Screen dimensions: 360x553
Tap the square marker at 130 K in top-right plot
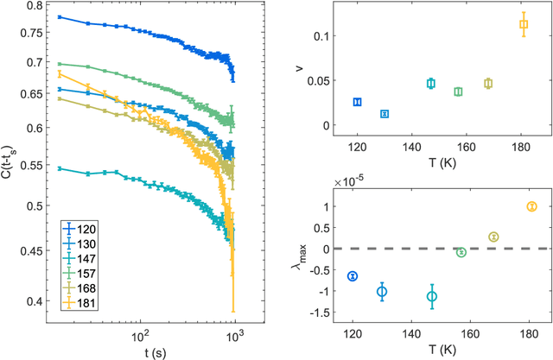(385, 114)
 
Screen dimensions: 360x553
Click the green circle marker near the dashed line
(461, 252)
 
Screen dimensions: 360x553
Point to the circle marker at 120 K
(352, 275)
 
